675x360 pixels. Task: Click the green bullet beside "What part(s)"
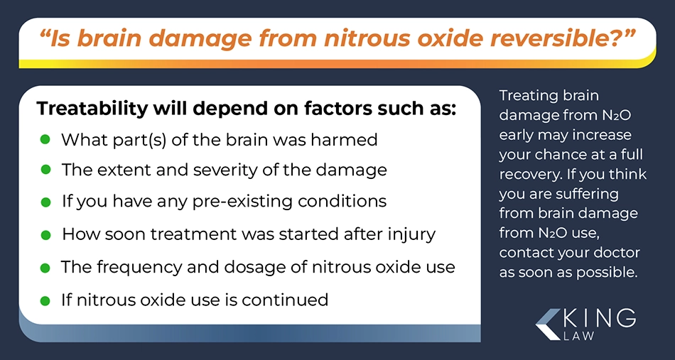45,139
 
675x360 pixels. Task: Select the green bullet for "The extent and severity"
45,170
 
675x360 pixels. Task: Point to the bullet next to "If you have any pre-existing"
45,202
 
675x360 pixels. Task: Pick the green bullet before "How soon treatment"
45,235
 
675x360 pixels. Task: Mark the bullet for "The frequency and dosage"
45,268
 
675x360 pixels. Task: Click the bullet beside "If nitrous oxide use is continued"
45,300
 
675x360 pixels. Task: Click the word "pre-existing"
271,202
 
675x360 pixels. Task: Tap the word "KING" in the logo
599,319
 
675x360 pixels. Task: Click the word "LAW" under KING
578,336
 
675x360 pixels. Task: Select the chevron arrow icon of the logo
548,324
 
